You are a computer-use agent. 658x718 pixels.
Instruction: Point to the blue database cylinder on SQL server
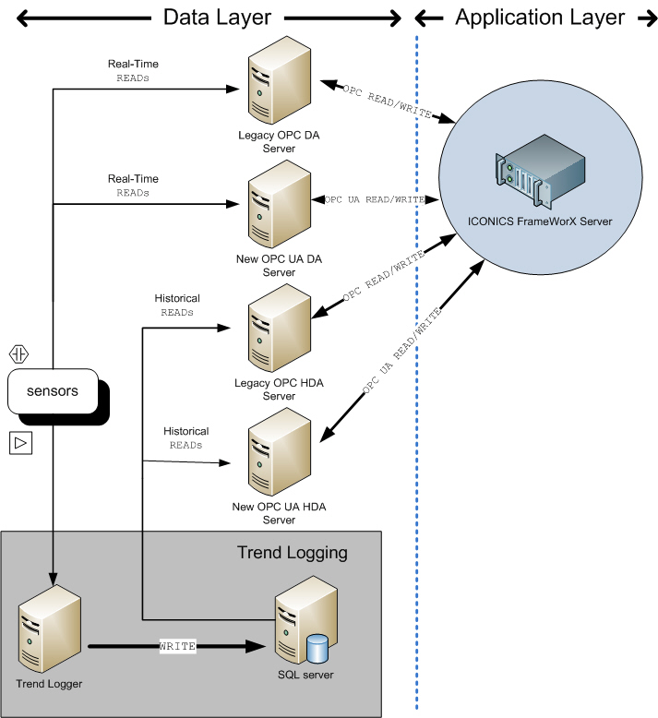pyautogui.click(x=317, y=648)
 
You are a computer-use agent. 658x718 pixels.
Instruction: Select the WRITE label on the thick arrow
pyautogui.click(x=177, y=646)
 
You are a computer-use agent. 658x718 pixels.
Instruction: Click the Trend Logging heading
pyautogui.click(x=292, y=553)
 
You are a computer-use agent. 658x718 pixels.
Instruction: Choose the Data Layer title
pyautogui.click(x=217, y=18)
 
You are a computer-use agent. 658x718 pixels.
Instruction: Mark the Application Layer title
pyautogui.click(x=540, y=18)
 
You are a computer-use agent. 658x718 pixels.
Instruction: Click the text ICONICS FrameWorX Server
pyautogui.click(x=540, y=221)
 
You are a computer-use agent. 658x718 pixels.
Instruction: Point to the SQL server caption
pyautogui.click(x=305, y=675)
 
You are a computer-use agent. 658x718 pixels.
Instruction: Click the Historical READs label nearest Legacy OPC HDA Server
pyautogui.click(x=177, y=305)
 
